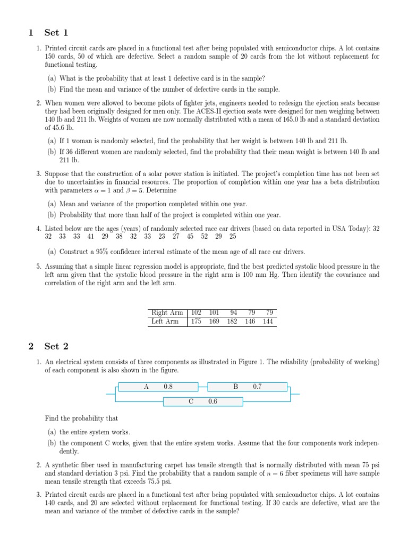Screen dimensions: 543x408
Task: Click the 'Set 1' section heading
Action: pos(52,33)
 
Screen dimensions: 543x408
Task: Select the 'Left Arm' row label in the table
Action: pos(165,321)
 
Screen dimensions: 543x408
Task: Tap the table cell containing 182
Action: pos(232,321)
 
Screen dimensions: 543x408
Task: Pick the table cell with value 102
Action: pos(196,312)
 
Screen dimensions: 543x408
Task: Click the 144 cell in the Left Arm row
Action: pos(268,321)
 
